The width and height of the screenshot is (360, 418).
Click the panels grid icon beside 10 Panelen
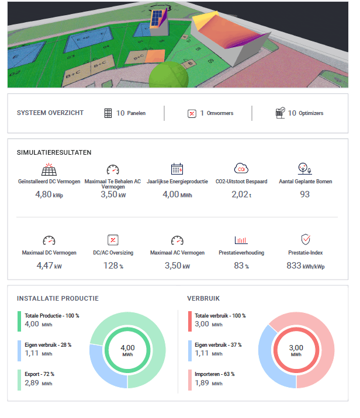108,113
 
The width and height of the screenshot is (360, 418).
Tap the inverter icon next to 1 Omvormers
192,113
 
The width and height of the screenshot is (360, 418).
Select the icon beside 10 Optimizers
280,113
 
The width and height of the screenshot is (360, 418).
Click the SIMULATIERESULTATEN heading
54,152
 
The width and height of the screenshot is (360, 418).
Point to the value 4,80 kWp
49,194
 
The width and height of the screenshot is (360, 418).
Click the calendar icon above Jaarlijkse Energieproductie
177,169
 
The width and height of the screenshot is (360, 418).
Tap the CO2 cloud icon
241,169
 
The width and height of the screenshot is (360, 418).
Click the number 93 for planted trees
304,194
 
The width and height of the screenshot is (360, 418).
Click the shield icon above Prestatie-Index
304,240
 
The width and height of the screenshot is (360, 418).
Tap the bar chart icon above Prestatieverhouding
241,240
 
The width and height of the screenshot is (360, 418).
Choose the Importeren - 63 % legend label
213,374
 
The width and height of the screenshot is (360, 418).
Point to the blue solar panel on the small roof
156,19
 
